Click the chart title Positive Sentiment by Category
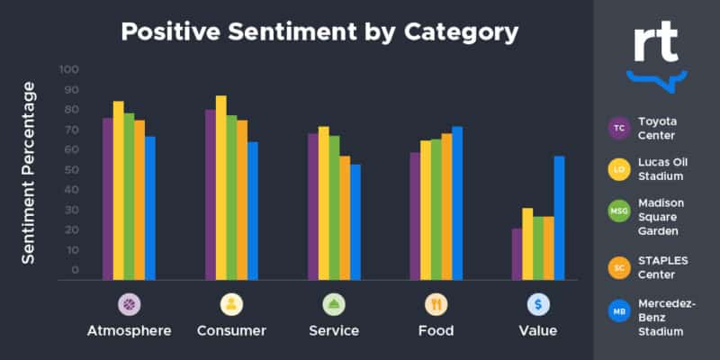[x=319, y=32]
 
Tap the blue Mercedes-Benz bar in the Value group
[x=559, y=217]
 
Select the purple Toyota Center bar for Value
[x=517, y=254]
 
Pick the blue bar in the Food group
[x=457, y=202]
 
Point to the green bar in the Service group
[x=334, y=207]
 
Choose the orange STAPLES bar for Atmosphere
[x=139, y=199]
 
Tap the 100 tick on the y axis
[x=69, y=69]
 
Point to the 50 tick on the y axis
[x=69, y=170]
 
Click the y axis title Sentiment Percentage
[x=29, y=173]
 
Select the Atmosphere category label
[x=130, y=330]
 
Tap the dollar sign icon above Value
[x=538, y=304]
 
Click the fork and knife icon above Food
[x=436, y=304]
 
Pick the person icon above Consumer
[x=231, y=304]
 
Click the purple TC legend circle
[x=619, y=128]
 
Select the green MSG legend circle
[x=619, y=211]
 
